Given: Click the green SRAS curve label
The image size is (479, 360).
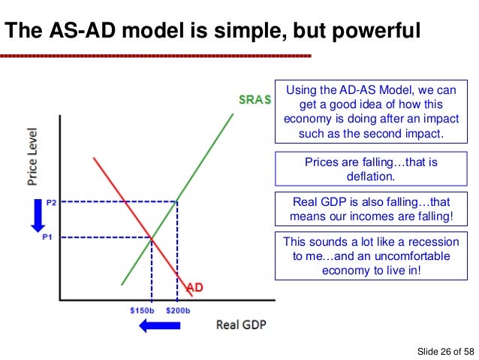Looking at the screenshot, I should (x=255, y=100).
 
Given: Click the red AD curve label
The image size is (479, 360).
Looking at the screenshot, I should (x=194, y=287).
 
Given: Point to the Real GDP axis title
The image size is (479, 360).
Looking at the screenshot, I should (x=240, y=325).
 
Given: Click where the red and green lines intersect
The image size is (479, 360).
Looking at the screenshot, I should (x=152, y=238).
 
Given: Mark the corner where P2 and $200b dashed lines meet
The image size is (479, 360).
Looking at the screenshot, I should (x=177, y=201).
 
